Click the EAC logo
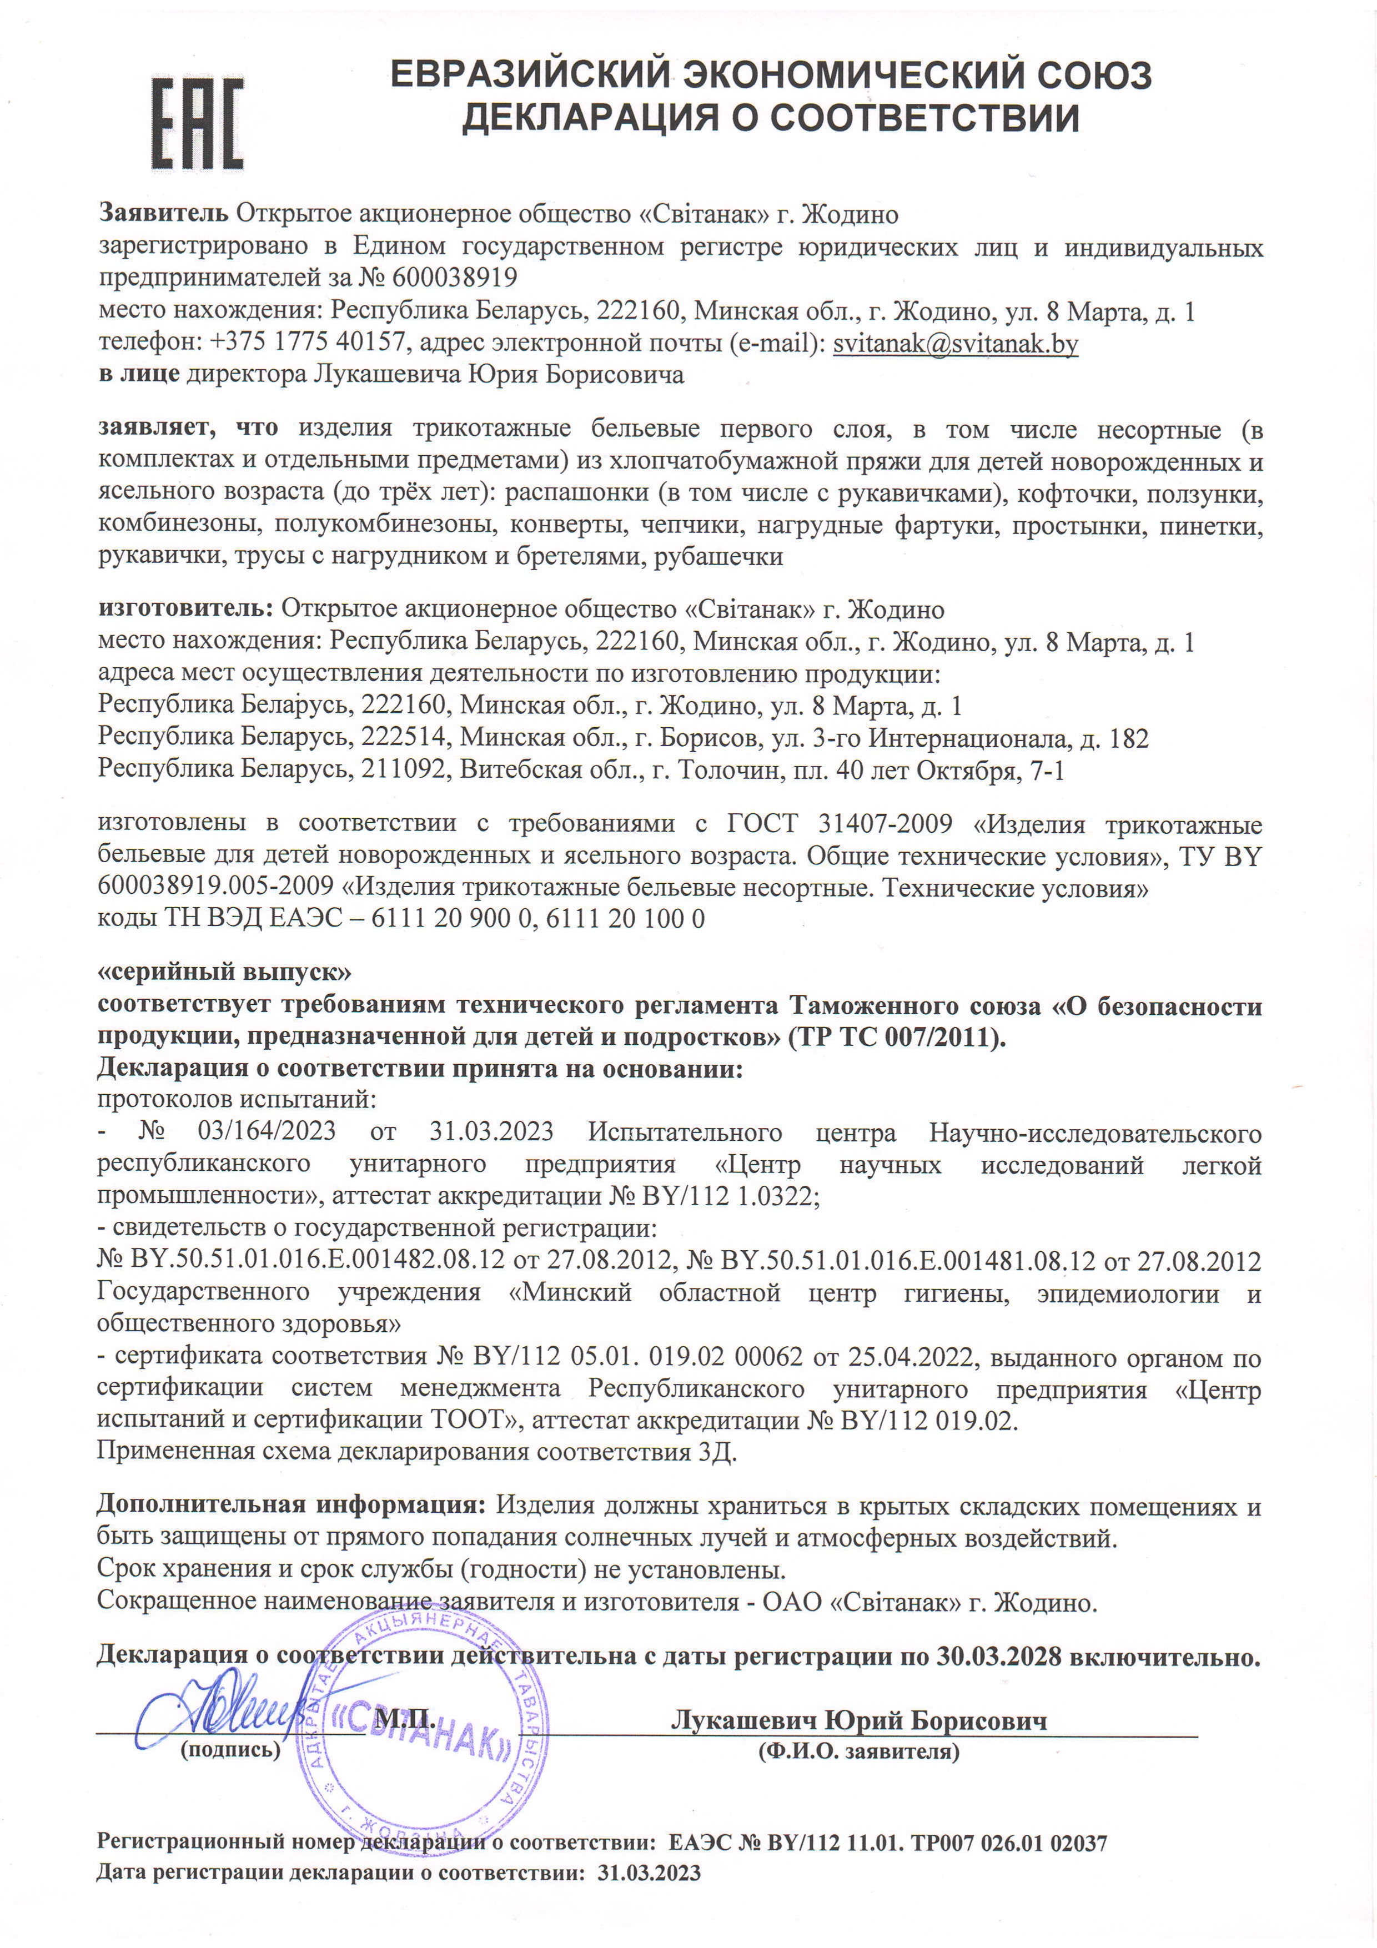click(197, 123)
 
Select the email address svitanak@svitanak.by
click(956, 344)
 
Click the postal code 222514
click(403, 737)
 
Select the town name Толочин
click(721, 769)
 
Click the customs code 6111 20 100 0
click(625, 918)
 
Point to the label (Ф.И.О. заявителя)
click(858, 1751)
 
